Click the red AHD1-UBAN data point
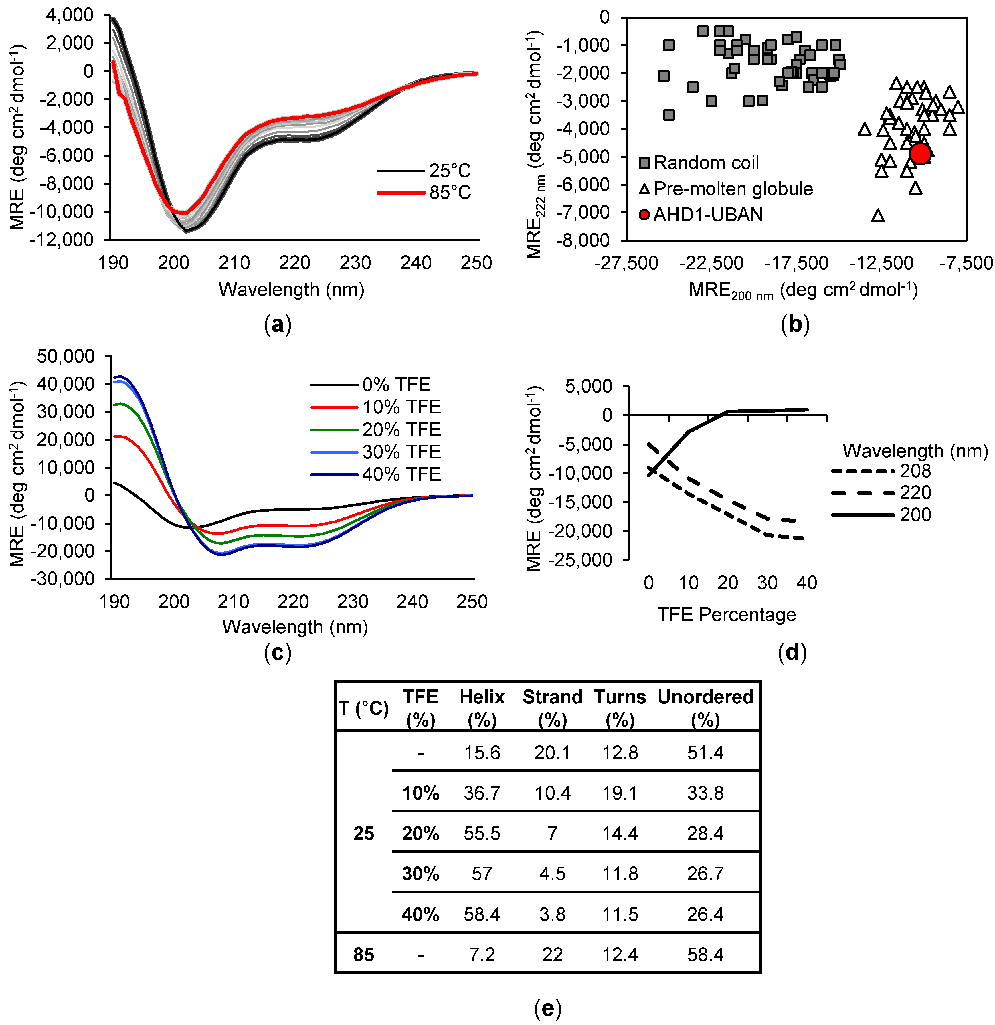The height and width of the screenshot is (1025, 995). tap(920, 153)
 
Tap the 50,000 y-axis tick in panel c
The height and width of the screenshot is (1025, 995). tap(66, 357)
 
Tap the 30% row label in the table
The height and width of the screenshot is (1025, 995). tap(420, 874)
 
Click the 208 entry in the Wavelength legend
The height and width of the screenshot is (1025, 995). tap(915, 471)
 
